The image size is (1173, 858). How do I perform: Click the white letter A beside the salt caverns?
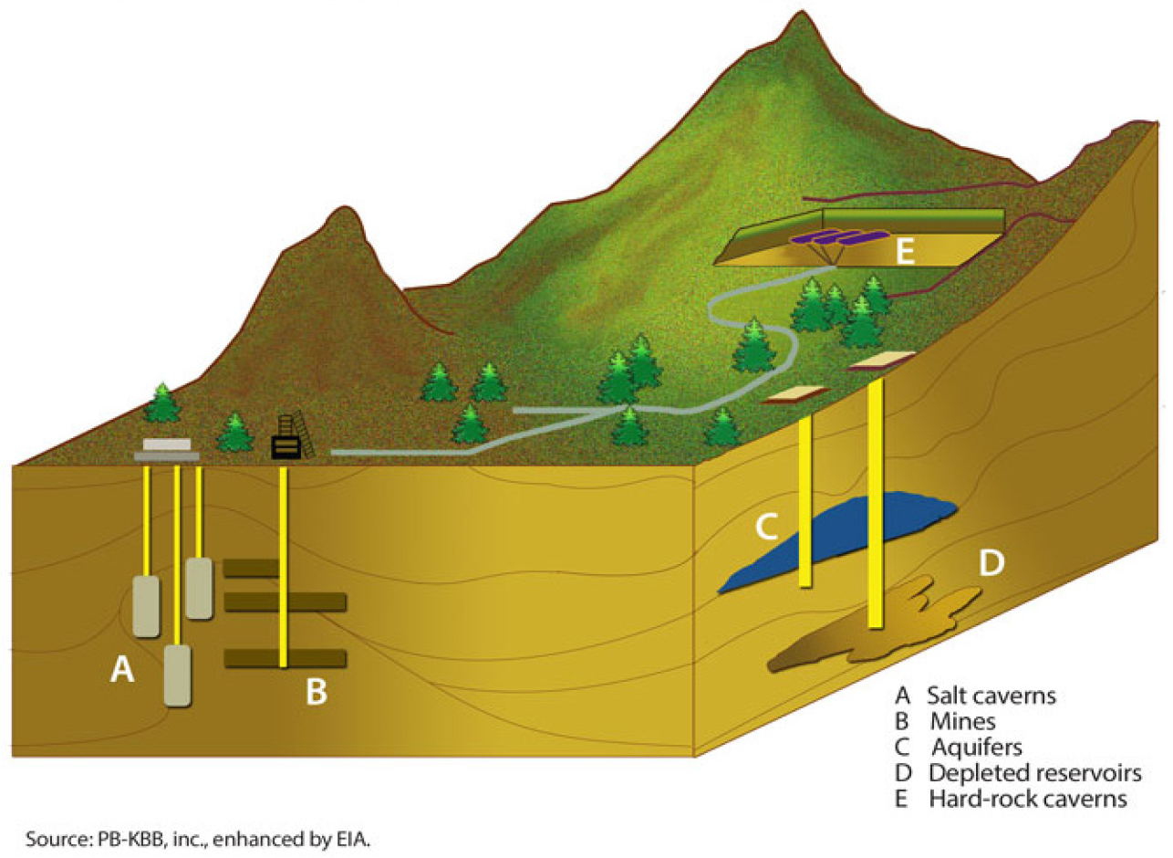pyautogui.click(x=121, y=671)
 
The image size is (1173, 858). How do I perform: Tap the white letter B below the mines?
pyautogui.click(x=316, y=692)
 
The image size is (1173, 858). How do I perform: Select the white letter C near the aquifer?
pyautogui.click(x=766, y=527)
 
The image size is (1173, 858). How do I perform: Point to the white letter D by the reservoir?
pyautogui.click(x=991, y=563)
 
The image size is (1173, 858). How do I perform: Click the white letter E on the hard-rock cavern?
pyautogui.click(x=904, y=253)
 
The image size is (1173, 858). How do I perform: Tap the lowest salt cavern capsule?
pyautogui.click(x=177, y=675)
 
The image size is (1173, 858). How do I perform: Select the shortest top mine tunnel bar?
pyautogui.click(x=251, y=568)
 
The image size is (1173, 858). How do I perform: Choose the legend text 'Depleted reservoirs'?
pyautogui.click(x=1034, y=773)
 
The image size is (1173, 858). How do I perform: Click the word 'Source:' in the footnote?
pyautogui.click(x=56, y=838)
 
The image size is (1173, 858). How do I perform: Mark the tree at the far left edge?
pyautogui.click(x=162, y=403)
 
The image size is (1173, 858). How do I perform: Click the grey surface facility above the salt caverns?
pyautogui.click(x=167, y=450)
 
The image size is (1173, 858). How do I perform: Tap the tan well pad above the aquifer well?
pyautogui.click(x=795, y=393)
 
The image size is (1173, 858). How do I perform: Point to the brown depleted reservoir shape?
pyautogui.click(x=867, y=639)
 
